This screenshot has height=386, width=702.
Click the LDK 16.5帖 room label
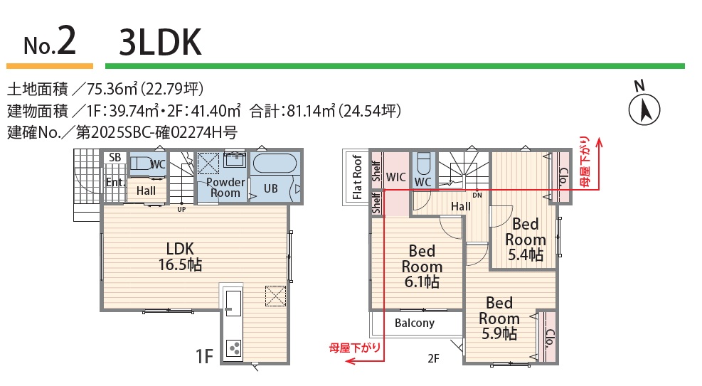[180, 257]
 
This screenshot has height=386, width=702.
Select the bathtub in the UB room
[275, 164]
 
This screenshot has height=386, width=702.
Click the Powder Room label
[225, 188]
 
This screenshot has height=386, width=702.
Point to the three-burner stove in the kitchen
[234, 348]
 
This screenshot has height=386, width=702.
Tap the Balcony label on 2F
[415, 323]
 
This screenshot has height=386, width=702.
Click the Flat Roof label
[357, 177]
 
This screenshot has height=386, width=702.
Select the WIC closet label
[395, 177]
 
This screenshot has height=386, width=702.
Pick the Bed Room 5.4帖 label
[525, 240]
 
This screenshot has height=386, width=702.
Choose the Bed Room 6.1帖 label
[422, 266]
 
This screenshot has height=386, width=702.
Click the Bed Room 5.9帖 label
[499, 318]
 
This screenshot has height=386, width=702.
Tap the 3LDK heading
[160, 42]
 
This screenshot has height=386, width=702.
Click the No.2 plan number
[50, 42]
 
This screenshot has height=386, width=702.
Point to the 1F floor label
[204, 356]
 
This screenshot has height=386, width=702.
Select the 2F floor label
[433, 358]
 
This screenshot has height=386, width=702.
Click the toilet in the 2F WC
[422, 163]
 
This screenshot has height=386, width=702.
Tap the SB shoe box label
[115, 157]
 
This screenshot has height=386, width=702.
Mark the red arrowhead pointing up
[599, 142]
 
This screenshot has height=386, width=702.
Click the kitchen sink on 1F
[233, 303]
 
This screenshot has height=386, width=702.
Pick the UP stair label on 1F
[181, 209]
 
